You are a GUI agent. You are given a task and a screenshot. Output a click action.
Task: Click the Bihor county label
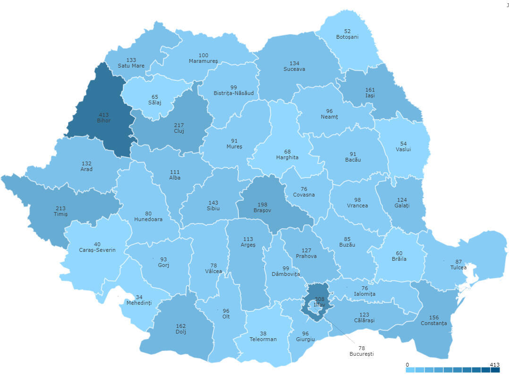coord(104,120)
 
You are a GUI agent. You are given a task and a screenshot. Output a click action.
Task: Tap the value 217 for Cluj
coord(179,125)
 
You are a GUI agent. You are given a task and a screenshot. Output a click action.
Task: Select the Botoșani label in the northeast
coord(347,37)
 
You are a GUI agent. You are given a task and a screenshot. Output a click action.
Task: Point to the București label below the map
coord(361,354)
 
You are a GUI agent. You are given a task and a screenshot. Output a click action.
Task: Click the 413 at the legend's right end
coord(494,365)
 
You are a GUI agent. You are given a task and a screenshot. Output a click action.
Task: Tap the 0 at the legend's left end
coord(407,365)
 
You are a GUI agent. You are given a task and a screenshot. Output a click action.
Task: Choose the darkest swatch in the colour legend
coord(495,370)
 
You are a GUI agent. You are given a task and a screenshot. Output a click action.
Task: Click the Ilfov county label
coord(320,305)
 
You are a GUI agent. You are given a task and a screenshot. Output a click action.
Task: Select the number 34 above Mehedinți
coord(139,297)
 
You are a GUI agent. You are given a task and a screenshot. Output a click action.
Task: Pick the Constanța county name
coord(433,323)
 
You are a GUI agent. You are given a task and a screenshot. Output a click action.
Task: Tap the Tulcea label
coord(458,267)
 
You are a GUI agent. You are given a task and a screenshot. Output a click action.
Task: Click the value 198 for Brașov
coord(263,205)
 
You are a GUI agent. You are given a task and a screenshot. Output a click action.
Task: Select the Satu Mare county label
coord(131,66)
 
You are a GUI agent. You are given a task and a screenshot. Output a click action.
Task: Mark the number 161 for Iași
coord(370,89)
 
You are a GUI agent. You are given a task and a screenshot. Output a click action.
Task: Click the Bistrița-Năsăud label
coord(234,93)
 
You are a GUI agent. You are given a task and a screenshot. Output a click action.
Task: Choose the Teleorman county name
coord(263,339)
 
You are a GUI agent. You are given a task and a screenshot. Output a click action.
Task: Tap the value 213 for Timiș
coord(60,208)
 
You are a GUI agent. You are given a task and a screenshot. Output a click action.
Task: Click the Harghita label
coord(287,157)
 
